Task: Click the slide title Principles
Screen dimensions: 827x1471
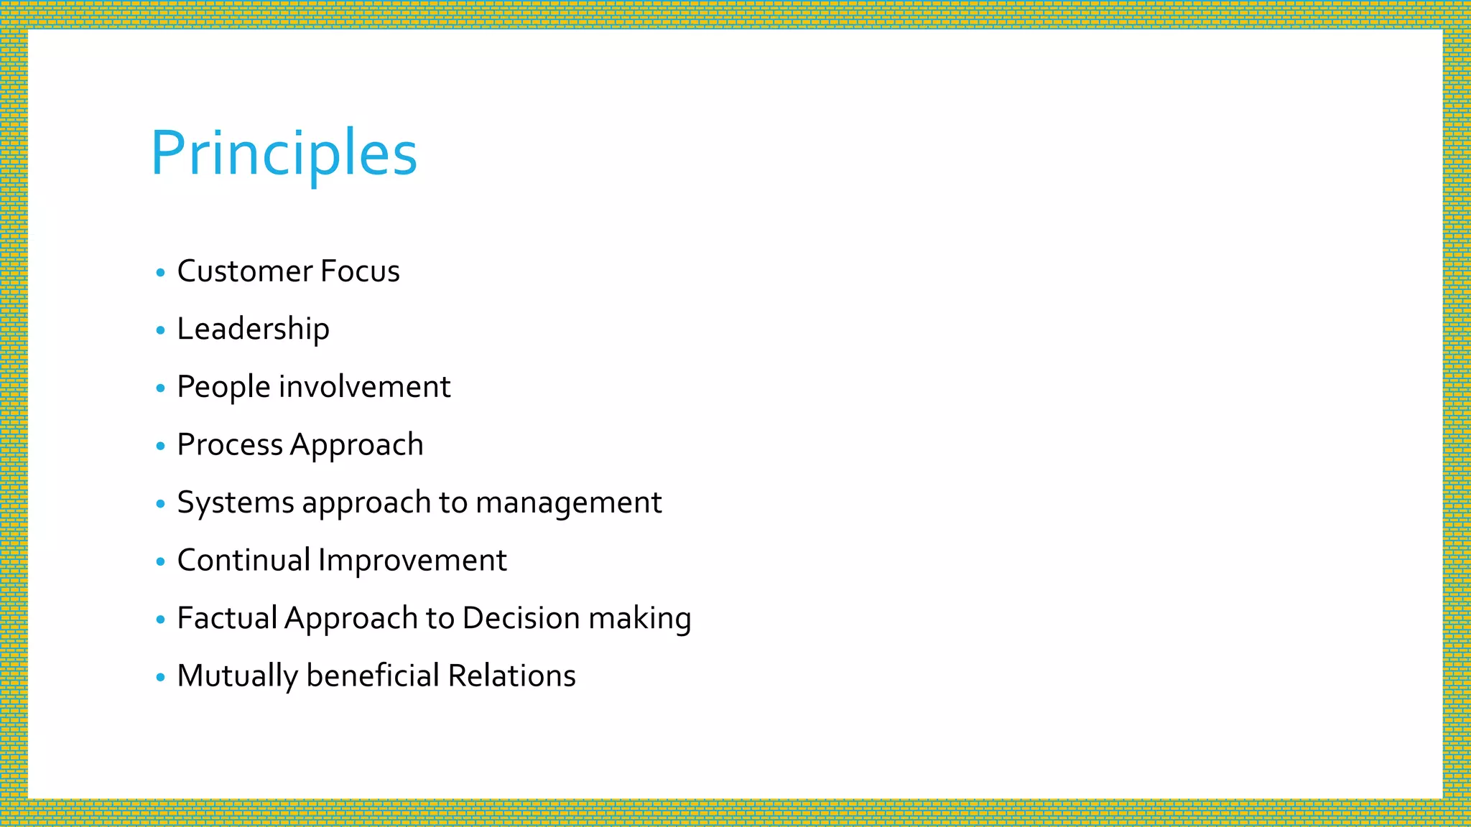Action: point(284,153)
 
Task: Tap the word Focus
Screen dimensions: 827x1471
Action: point(360,271)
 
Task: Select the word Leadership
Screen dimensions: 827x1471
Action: point(253,330)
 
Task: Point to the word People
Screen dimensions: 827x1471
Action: point(223,387)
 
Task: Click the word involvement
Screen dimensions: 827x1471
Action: point(364,387)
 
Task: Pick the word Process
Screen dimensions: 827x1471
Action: point(230,445)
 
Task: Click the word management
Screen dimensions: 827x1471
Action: point(568,503)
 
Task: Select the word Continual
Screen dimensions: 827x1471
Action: point(243,561)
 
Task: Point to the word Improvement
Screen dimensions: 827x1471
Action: point(412,561)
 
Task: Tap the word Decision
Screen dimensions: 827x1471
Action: point(521,618)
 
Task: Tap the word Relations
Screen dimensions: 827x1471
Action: point(511,676)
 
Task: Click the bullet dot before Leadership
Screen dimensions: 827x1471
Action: point(160,330)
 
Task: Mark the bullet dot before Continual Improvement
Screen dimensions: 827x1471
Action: point(160,561)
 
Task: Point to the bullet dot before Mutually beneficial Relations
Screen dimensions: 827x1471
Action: point(160,677)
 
